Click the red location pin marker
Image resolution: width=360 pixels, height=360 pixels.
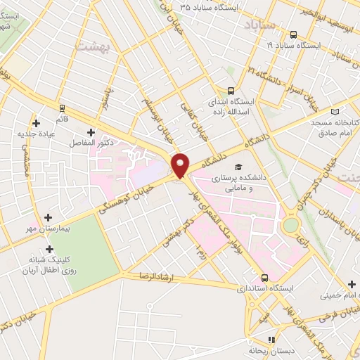[181, 165]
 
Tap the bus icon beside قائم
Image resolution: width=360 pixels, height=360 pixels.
[63, 108]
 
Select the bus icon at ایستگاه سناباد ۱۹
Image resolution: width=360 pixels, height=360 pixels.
[292, 34]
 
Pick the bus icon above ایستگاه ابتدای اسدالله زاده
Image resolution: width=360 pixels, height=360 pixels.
[231, 91]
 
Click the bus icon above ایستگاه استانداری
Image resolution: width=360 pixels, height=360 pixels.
[264, 277]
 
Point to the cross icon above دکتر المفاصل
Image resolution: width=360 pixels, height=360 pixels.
[91, 132]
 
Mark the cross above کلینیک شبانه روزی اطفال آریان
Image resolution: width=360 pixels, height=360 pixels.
[49, 249]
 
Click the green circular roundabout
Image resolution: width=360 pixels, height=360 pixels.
[290, 226]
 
